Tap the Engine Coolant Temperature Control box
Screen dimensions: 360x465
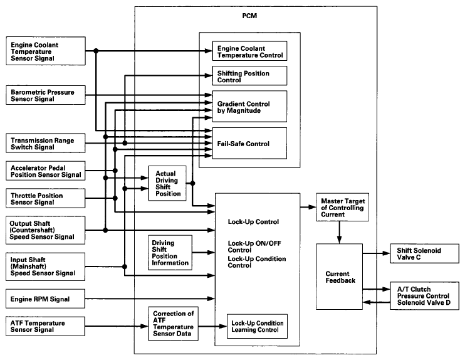[249, 51]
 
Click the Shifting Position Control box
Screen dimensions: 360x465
[249, 75]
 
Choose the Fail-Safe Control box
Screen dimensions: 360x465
[249, 143]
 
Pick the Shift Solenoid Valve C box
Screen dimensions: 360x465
[421, 254]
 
